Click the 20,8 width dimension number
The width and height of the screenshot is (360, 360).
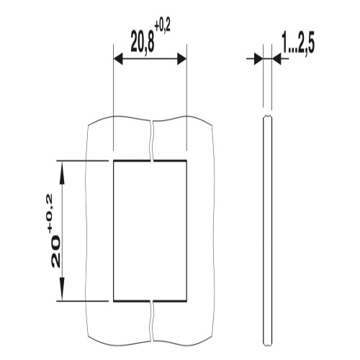coord(143,42)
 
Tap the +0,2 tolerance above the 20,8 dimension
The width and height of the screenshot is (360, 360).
coord(163,27)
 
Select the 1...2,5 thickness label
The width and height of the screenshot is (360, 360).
coord(298,43)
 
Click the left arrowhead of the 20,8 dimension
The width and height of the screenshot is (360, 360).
coord(118,59)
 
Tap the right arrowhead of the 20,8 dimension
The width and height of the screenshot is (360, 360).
coord(181,59)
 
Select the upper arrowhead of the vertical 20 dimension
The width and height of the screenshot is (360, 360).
coord(62,174)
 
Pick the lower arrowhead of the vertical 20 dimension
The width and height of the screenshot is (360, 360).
coord(62,289)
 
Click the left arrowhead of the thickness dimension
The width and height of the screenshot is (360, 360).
coord(258,58)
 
